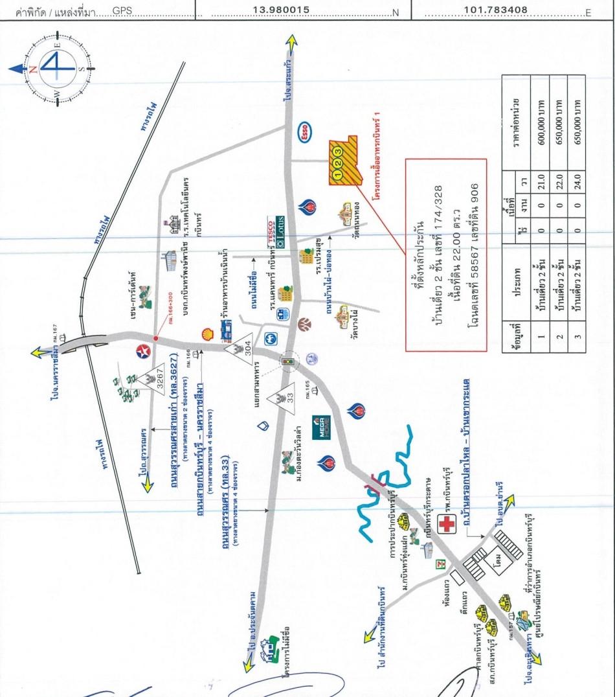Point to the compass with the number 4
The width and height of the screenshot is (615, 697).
(55, 67)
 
